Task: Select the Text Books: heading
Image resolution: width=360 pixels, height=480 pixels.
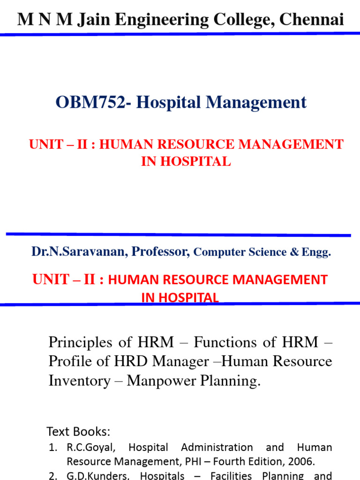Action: [x=78, y=431]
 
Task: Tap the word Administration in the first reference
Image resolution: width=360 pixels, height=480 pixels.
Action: [x=217, y=447]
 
